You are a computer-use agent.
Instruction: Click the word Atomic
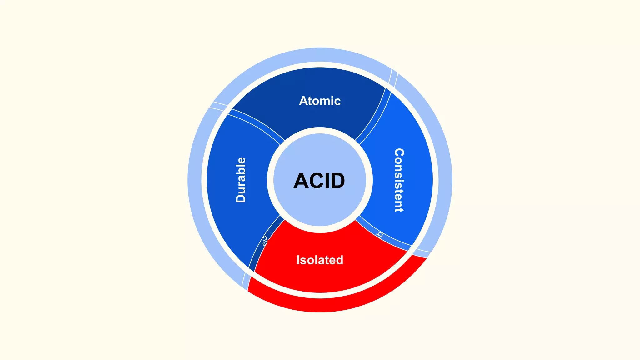click(320, 101)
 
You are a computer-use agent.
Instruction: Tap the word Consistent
click(399, 180)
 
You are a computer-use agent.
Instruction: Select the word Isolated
click(320, 260)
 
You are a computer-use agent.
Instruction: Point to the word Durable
click(241, 180)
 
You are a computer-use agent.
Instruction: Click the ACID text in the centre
click(319, 181)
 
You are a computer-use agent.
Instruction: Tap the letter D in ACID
click(336, 181)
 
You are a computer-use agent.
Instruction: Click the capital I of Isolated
click(298, 260)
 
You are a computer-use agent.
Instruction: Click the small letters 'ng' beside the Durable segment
click(265, 241)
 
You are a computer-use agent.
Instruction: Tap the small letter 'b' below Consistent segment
click(380, 234)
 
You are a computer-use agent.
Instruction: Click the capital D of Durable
click(241, 197)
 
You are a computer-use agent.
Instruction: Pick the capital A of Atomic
click(303, 101)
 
